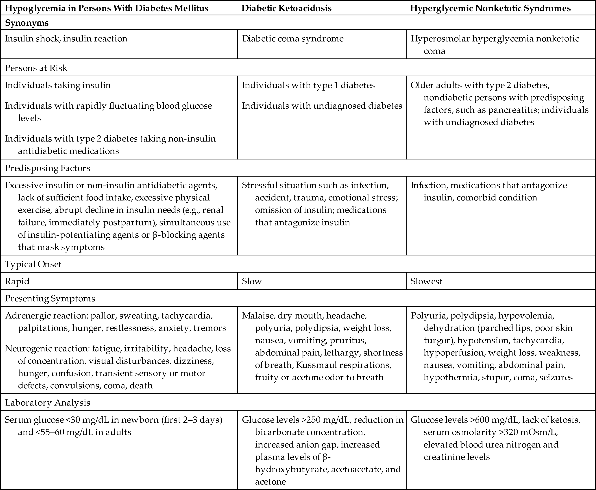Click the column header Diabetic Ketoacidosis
(x=286, y=8)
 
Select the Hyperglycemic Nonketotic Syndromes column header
(x=490, y=8)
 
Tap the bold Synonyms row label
(x=27, y=23)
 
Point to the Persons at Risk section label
(x=36, y=68)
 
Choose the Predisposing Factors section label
(x=48, y=168)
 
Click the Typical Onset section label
(x=33, y=264)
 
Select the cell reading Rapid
(x=17, y=281)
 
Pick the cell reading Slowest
(x=426, y=281)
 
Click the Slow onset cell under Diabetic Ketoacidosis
(x=252, y=281)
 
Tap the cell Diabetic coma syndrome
(x=292, y=39)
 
